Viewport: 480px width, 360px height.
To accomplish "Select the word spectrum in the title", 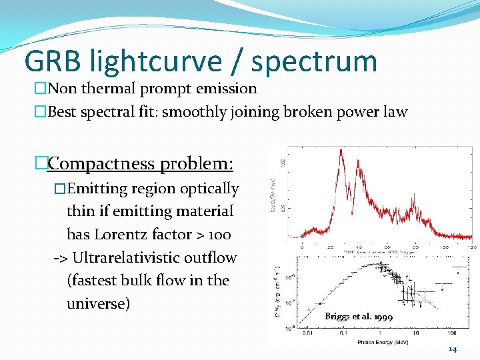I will coord(314,61).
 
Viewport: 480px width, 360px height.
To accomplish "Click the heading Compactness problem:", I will coord(140,163).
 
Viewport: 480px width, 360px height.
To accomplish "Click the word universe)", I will coord(98,304).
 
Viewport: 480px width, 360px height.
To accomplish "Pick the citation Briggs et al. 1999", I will coord(359,317).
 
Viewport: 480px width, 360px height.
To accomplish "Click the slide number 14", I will coord(452,349).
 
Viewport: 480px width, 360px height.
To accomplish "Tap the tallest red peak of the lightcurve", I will coord(341,152).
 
